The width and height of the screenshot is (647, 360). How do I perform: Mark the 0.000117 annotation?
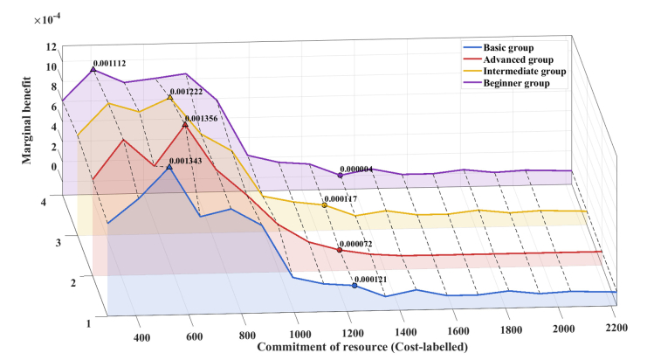343,199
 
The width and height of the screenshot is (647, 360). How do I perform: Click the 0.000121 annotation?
374,280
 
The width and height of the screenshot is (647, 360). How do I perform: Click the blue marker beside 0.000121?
354,286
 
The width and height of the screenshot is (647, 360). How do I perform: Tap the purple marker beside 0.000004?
340,176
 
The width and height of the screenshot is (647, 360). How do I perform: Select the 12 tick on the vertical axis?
52,47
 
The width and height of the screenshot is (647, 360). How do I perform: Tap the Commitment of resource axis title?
360,349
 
